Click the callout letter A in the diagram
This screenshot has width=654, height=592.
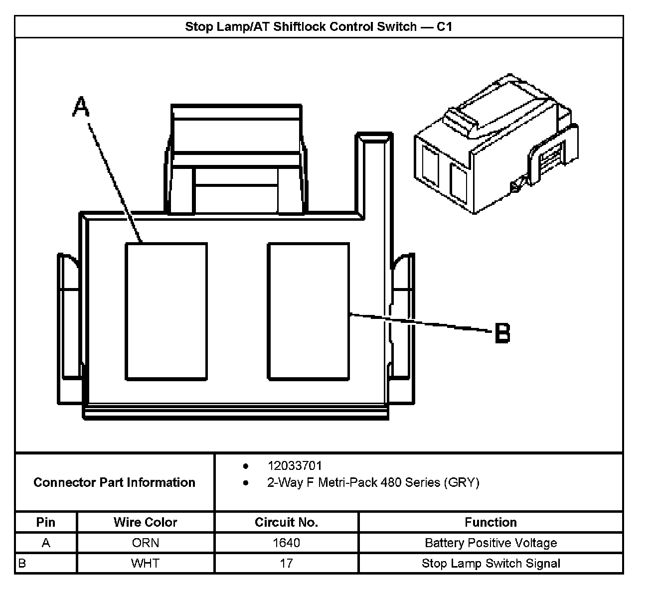[x=80, y=107]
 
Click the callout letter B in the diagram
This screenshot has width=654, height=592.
[x=502, y=333]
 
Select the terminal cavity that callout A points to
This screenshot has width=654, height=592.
[x=166, y=311]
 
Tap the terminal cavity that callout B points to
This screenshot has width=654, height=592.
[x=308, y=311]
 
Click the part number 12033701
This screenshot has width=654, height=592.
[x=295, y=466]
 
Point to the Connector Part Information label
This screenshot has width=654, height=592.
[x=114, y=482]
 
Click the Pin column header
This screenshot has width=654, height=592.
[x=46, y=522]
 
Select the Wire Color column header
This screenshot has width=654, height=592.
[x=145, y=522]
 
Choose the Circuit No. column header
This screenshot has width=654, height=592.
[x=286, y=522]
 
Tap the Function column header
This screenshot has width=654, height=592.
[x=490, y=522]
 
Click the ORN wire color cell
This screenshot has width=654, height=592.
[x=145, y=543]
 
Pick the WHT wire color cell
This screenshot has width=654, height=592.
[x=145, y=564]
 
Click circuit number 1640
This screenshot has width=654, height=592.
[x=286, y=543]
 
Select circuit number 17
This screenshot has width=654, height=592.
[x=286, y=564]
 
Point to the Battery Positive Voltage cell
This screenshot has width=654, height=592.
[x=490, y=543]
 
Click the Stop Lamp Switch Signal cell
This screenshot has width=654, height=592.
[x=490, y=564]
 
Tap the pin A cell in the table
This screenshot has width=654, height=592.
[x=46, y=543]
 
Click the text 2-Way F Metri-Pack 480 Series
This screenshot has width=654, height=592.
[x=373, y=482]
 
